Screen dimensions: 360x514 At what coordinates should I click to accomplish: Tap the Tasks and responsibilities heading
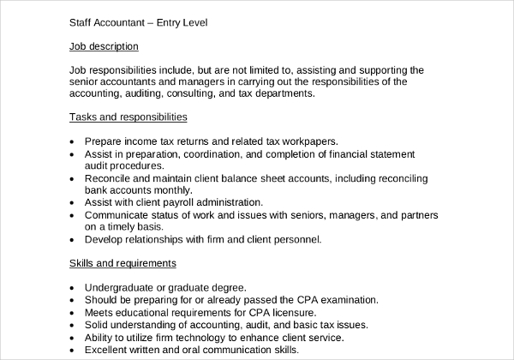pos(128,116)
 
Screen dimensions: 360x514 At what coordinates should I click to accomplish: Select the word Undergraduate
pos(123,288)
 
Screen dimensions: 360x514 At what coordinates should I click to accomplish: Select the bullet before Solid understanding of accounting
pos(70,326)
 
